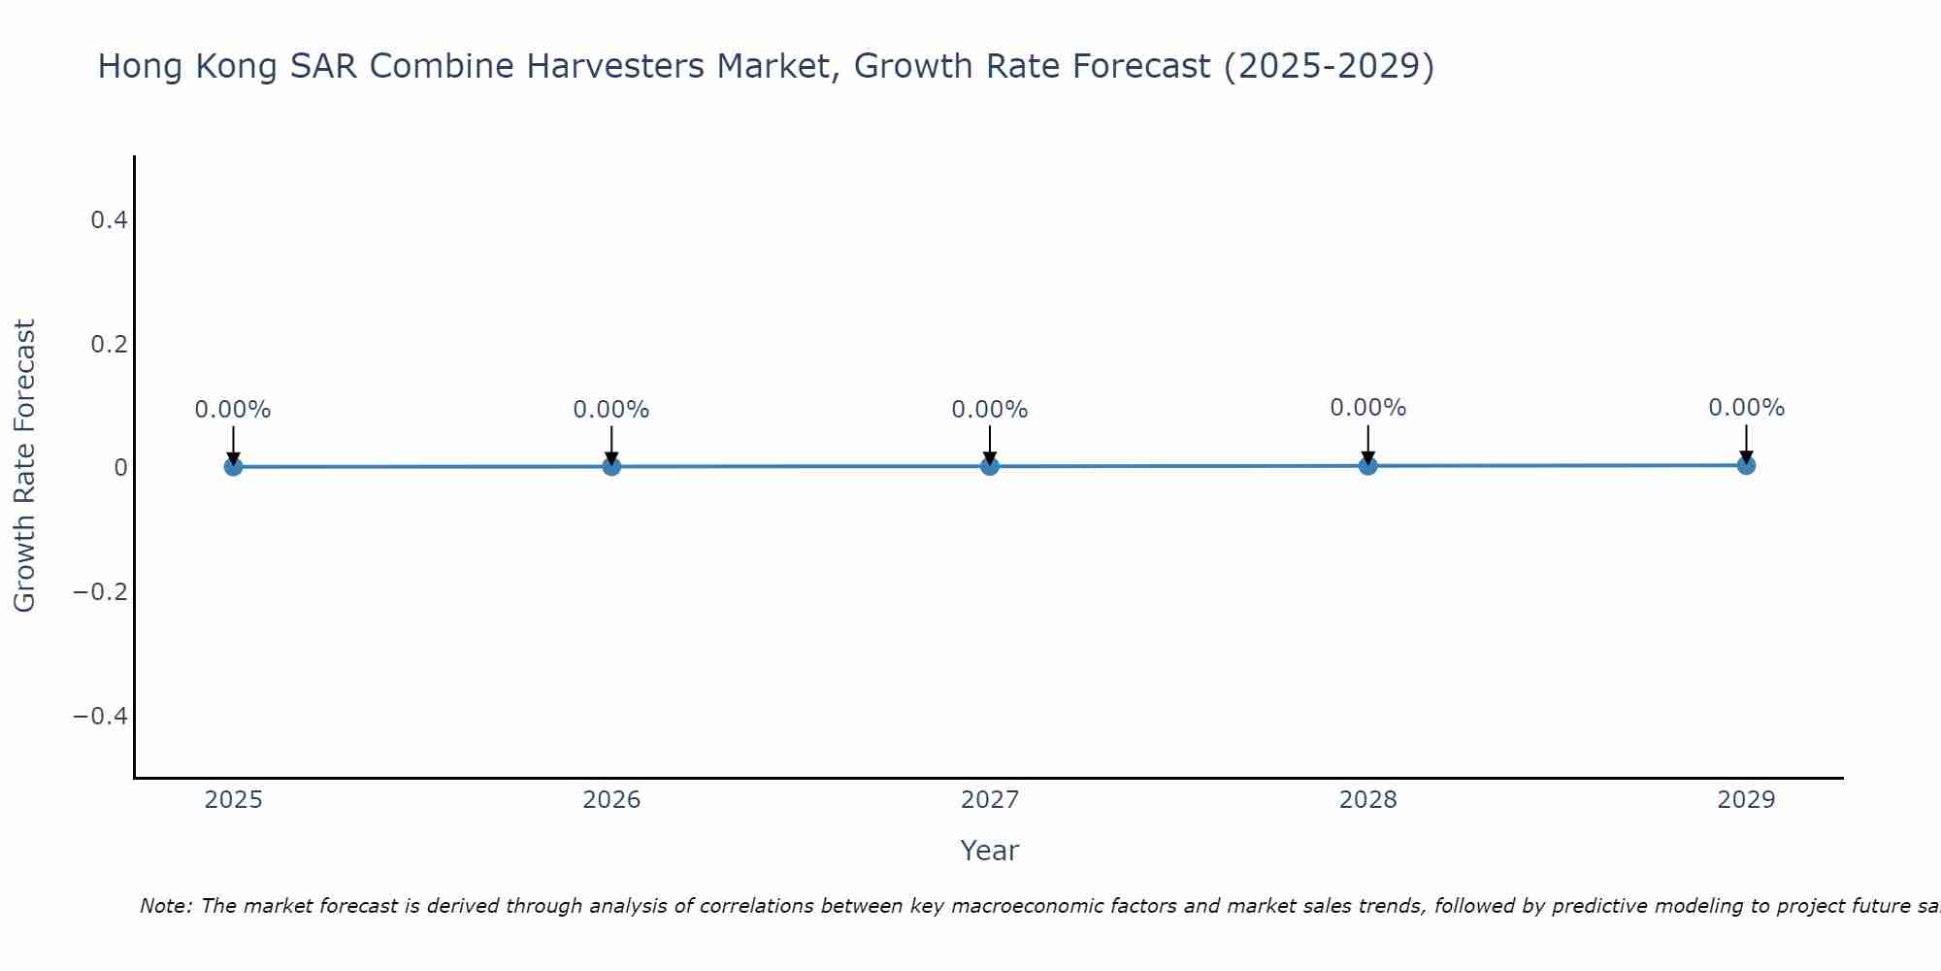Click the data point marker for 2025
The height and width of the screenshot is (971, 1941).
pyautogui.click(x=233, y=467)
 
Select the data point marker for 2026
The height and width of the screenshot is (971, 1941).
pyautogui.click(x=611, y=466)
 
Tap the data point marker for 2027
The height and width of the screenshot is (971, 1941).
pyautogui.click(x=990, y=466)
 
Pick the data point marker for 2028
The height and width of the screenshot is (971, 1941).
pyautogui.click(x=1367, y=465)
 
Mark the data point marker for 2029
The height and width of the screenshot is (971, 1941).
pyautogui.click(x=1746, y=465)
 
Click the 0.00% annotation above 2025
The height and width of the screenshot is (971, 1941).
pyautogui.click(x=233, y=410)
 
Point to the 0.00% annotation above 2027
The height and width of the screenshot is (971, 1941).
pyautogui.click(x=990, y=410)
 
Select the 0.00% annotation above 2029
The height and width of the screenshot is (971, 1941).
pyautogui.click(x=1746, y=408)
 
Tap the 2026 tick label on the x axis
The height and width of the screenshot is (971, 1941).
pyautogui.click(x=611, y=800)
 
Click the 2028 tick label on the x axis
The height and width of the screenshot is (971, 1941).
pyautogui.click(x=1367, y=800)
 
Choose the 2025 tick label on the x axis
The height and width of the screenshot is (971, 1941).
pyautogui.click(x=234, y=800)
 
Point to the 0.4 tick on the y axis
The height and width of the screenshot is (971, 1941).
pyautogui.click(x=109, y=220)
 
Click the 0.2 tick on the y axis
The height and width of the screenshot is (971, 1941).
pyautogui.click(x=109, y=345)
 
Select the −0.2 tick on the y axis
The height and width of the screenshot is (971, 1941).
pyautogui.click(x=101, y=592)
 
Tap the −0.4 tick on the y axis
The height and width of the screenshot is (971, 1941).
pyautogui.click(x=101, y=717)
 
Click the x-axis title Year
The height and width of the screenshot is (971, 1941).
pyautogui.click(x=989, y=851)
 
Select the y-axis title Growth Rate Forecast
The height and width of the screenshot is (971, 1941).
pyautogui.click(x=24, y=466)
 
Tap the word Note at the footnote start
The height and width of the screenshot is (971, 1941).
pyautogui.click(x=165, y=906)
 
